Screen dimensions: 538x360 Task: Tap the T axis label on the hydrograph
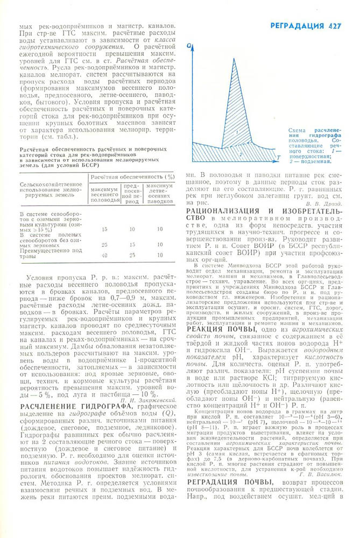(x=280, y=157)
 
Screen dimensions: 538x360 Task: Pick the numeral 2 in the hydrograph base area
(x=241, y=154)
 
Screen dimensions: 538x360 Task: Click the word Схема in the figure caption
(x=297, y=130)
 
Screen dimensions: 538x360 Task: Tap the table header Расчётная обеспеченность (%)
(x=132, y=176)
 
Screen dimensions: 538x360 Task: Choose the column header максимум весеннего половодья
(x=104, y=193)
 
